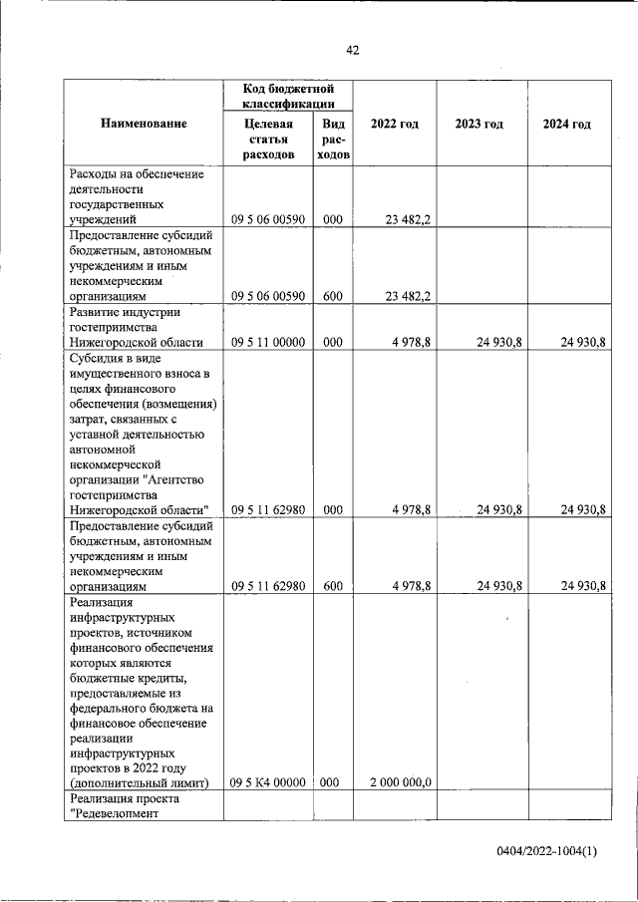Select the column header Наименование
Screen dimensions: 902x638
coord(144,124)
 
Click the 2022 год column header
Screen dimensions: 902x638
coord(394,124)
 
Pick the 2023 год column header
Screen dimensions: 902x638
coord(479,124)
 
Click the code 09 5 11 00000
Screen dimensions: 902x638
coord(268,343)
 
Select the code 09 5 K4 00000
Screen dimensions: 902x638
coord(268,782)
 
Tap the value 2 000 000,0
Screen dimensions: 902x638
coord(399,782)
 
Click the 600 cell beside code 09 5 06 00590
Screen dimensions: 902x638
coord(332,296)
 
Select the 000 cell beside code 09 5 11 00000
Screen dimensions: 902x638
coord(332,343)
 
